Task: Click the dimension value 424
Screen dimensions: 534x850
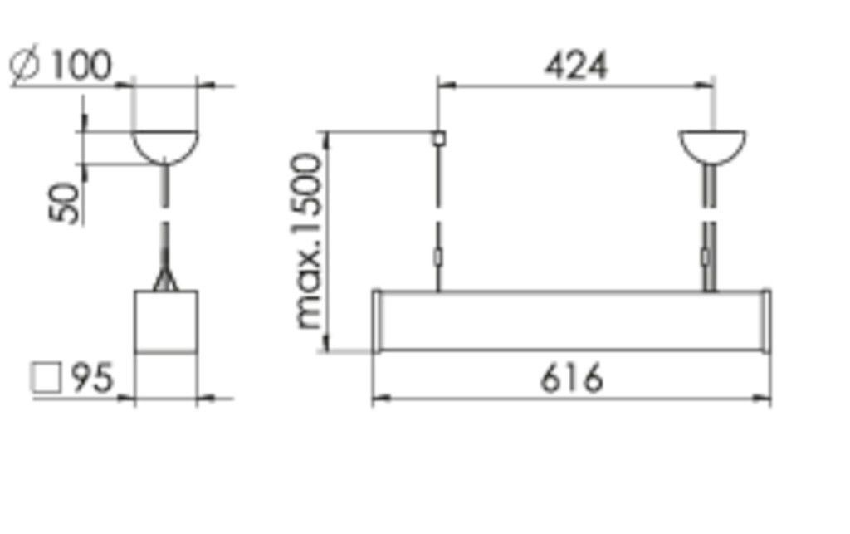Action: pos(575,66)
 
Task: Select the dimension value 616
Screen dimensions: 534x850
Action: pos(572,380)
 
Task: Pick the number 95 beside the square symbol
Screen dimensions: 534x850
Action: pos(90,379)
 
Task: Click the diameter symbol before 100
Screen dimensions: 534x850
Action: pos(26,67)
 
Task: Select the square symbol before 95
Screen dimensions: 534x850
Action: pos(46,379)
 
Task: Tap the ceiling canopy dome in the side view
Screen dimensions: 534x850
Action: pos(165,145)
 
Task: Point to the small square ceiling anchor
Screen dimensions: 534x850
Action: pos(438,138)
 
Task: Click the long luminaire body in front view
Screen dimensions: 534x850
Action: pos(572,321)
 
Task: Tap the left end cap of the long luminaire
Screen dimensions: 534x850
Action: pos(377,321)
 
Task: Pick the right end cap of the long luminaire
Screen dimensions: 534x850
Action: pos(765,321)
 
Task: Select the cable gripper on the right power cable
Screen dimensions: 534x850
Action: pos(706,257)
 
